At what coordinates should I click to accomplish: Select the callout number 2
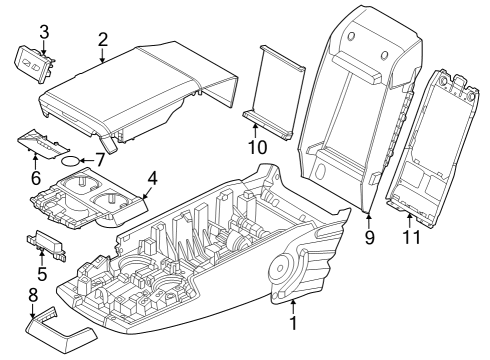tap(102, 39)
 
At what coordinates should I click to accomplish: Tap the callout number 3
tap(43, 31)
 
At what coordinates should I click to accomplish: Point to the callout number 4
tap(151, 179)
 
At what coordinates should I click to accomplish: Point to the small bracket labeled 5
tap(43, 245)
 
